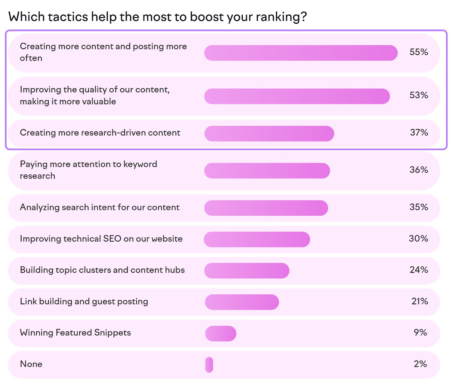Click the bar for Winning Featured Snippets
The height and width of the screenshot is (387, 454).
click(x=221, y=334)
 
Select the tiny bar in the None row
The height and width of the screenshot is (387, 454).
click(x=209, y=365)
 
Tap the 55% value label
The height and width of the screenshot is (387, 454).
click(x=419, y=52)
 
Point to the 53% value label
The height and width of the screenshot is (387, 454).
click(x=419, y=95)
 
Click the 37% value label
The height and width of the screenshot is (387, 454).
click(x=419, y=132)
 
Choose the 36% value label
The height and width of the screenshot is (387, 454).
click(x=419, y=170)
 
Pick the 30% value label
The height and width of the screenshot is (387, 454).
click(x=418, y=238)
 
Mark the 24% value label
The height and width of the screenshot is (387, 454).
click(x=419, y=270)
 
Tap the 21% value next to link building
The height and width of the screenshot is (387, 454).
click(x=419, y=301)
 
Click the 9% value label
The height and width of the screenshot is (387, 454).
click(x=420, y=332)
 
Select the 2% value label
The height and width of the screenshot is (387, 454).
click(x=420, y=364)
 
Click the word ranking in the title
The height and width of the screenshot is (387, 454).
click(x=278, y=17)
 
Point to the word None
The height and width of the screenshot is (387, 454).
click(x=31, y=364)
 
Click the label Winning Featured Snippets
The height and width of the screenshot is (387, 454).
click(x=75, y=333)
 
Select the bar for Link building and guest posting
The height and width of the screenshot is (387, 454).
click(x=242, y=302)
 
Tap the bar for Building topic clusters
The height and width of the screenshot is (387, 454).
click(x=247, y=271)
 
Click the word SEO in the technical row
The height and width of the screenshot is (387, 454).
click(x=112, y=239)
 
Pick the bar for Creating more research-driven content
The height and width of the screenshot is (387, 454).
click(x=269, y=134)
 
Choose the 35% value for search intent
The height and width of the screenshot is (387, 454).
click(x=419, y=207)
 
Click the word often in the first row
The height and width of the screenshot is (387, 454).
click(x=31, y=58)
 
